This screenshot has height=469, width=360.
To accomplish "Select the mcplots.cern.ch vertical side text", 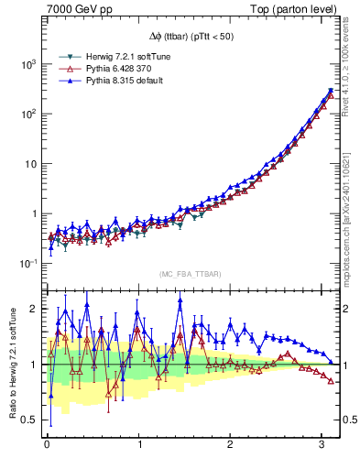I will (x=350, y=220).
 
